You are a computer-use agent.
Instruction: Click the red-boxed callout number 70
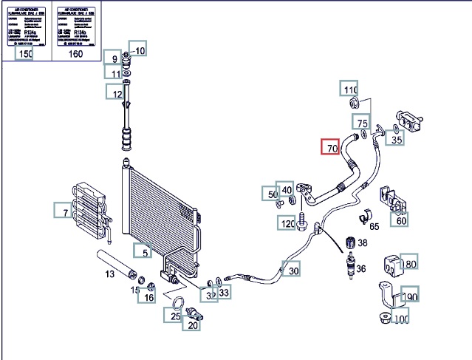330,148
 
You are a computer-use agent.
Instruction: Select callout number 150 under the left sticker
25,54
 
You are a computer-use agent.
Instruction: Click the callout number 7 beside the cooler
64,213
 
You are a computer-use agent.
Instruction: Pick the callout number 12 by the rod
115,93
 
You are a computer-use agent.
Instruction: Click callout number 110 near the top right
349,89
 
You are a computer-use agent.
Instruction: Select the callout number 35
396,137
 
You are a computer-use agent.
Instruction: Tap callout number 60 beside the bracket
400,220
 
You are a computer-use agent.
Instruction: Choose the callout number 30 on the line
293,271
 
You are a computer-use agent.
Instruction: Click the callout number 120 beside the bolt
287,223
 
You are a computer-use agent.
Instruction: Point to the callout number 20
193,325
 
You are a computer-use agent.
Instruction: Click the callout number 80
409,264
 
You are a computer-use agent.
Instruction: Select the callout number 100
401,319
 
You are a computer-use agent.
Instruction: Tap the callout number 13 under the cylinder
109,274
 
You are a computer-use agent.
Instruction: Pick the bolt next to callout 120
304,220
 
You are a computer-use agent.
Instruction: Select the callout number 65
374,227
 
